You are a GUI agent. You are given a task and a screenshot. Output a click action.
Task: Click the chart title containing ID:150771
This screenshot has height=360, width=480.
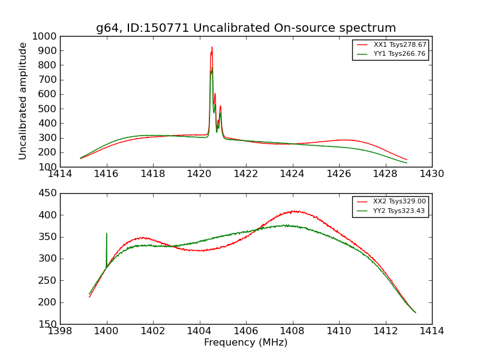tap(246, 28)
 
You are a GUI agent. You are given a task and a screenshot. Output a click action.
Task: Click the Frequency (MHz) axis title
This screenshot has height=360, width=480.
tap(246, 343)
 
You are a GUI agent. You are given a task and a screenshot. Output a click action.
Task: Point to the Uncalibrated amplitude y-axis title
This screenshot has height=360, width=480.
tap(23, 101)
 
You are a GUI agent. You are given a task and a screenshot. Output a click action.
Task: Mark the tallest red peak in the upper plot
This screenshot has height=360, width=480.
tap(212, 47)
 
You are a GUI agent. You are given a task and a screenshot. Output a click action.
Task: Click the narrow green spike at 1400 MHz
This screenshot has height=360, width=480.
tap(107, 234)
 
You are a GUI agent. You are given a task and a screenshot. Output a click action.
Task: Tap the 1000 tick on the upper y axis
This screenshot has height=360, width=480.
tap(47, 36)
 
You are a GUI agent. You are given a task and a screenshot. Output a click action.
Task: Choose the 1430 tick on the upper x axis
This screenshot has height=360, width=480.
tap(432, 174)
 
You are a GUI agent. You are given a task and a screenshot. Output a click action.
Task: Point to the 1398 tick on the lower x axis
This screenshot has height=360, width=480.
tap(60, 331)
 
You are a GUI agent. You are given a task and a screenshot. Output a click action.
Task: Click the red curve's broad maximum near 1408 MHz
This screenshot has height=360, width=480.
tap(294, 211)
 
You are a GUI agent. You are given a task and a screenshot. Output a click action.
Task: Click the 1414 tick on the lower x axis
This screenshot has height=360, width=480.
tap(432, 331)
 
